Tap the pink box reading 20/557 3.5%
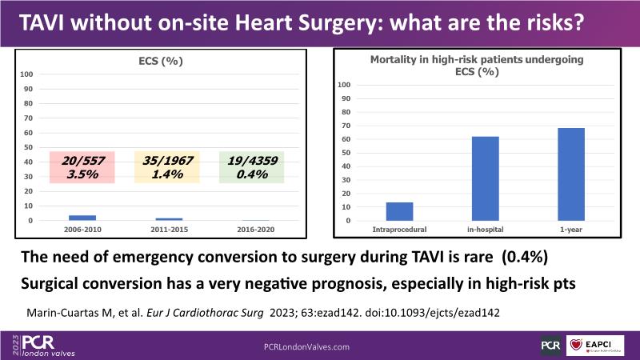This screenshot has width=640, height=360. pos(82,167)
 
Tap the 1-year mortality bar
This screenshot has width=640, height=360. pos(571,174)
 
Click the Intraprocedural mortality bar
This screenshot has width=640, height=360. pos(399,211)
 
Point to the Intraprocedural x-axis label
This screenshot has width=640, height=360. pos(399,230)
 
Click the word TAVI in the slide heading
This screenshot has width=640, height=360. pos(44,24)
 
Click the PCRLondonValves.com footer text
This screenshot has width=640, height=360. pos(307,346)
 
